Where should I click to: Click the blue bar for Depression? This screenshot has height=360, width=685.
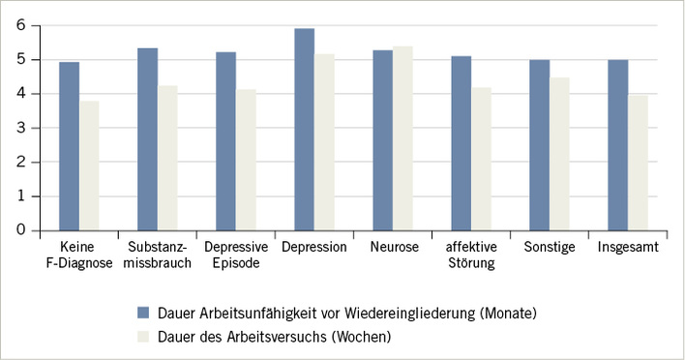(x=304, y=130)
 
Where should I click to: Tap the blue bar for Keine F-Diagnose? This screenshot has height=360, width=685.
(x=69, y=146)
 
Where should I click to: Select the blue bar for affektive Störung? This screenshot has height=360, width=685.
(x=462, y=143)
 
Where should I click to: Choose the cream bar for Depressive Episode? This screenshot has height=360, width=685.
(x=246, y=160)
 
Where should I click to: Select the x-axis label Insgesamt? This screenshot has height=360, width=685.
(x=629, y=248)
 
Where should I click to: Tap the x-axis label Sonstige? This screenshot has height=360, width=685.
(x=549, y=248)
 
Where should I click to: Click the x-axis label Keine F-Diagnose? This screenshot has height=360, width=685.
(x=78, y=255)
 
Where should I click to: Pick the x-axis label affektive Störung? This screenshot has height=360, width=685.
(x=471, y=255)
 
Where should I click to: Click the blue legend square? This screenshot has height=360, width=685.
(x=142, y=313)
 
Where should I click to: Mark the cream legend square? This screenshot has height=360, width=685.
(x=142, y=337)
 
